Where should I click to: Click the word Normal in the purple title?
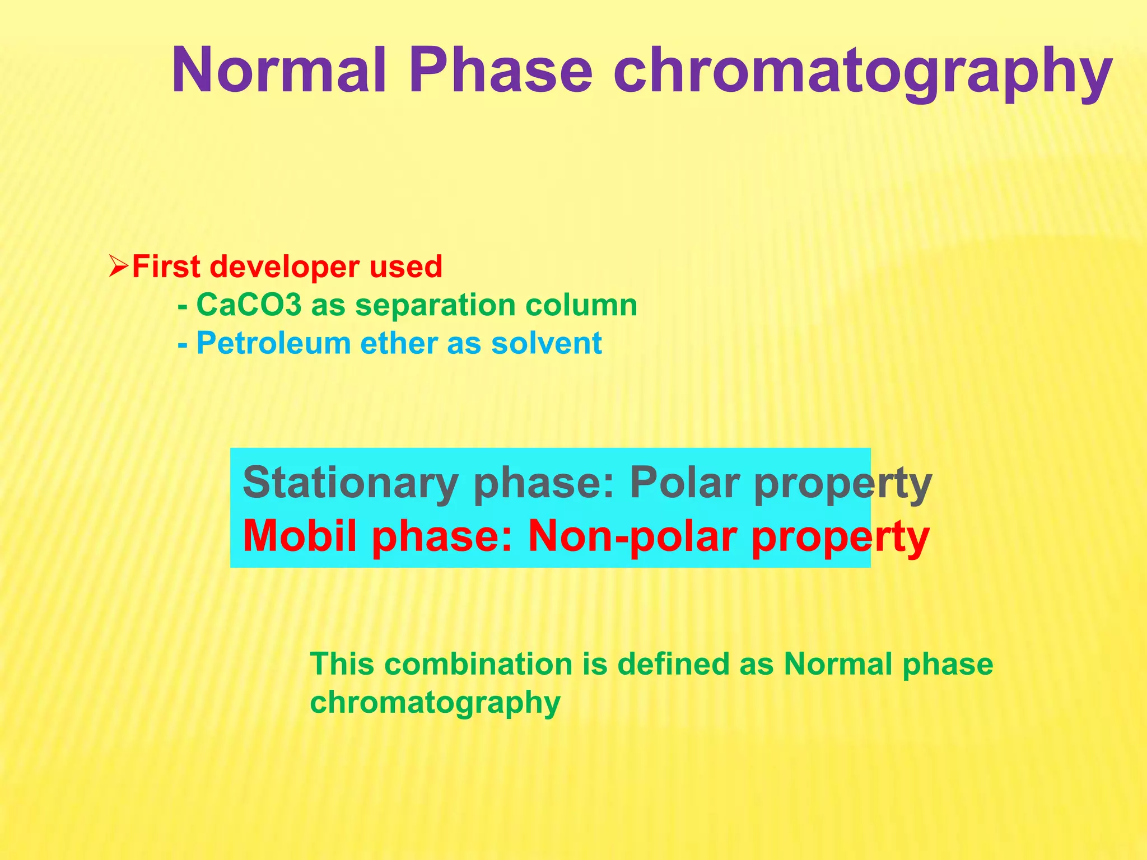tap(279, 71)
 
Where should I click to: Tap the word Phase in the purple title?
tap(500, 71)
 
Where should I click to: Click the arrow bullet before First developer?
tap(119, 267)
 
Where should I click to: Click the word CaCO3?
tap(249, 306)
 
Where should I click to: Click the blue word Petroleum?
tap(273, 343)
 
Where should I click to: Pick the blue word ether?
tap(398, 343)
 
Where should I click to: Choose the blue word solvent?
tap(546, 343)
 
